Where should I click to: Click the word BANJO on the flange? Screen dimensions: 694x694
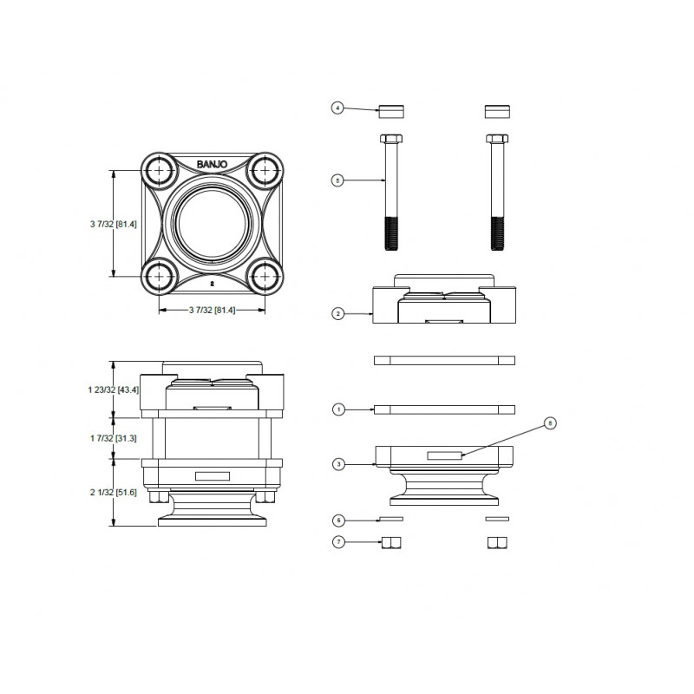(211, 164)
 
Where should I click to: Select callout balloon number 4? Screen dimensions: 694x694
(337, 108)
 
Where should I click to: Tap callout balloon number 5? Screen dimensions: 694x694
(337, 180)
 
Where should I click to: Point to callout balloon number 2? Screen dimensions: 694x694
(337, 313)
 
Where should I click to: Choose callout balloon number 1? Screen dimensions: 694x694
(337, 408)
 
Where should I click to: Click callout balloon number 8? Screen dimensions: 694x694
(547, 422)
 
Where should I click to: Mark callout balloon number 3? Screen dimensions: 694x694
(337, 464)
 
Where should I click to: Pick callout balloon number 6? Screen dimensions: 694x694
(337, 520)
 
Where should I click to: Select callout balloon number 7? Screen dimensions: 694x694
(337, 542)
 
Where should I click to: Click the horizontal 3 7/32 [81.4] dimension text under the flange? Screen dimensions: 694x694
(211, 310)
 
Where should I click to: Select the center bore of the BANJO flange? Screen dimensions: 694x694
(211, 224)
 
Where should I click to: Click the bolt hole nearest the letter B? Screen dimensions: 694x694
(160, 172)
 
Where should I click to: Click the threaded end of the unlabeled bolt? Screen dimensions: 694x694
(497, 232)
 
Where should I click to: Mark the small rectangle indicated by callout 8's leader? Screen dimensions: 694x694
(444, 455)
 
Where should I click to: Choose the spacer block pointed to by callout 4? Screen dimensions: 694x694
(390, 110)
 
